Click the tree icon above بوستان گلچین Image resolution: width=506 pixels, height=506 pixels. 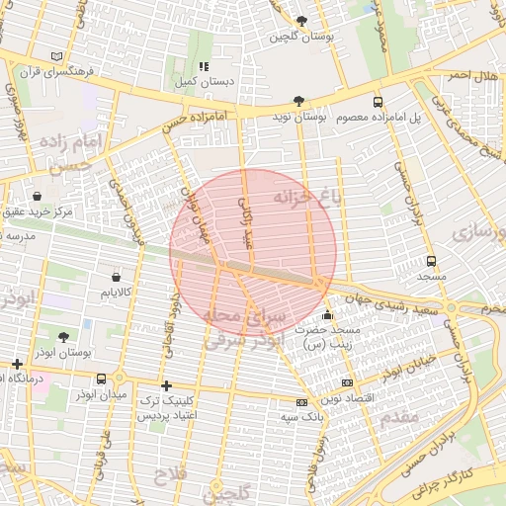coord(301,21)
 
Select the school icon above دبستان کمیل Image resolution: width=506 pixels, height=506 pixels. coord(204,67)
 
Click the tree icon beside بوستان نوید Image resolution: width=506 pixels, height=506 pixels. coord(298,101)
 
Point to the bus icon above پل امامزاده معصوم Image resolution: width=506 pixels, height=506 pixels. coord(378,102)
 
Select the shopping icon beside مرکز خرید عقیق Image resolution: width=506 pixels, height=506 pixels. coord(38,196)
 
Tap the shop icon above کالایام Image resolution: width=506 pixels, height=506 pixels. coord(119,277)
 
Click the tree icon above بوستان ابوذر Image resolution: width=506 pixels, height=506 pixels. coord(64,337)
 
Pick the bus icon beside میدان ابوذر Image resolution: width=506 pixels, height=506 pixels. coord(102,379)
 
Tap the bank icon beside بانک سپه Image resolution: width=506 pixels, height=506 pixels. coord(301,402)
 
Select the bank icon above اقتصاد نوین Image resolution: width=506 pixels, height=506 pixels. coord(346,381)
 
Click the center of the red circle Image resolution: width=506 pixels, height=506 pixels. coord(253,252)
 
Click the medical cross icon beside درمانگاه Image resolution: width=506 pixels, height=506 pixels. coord(17,364)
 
